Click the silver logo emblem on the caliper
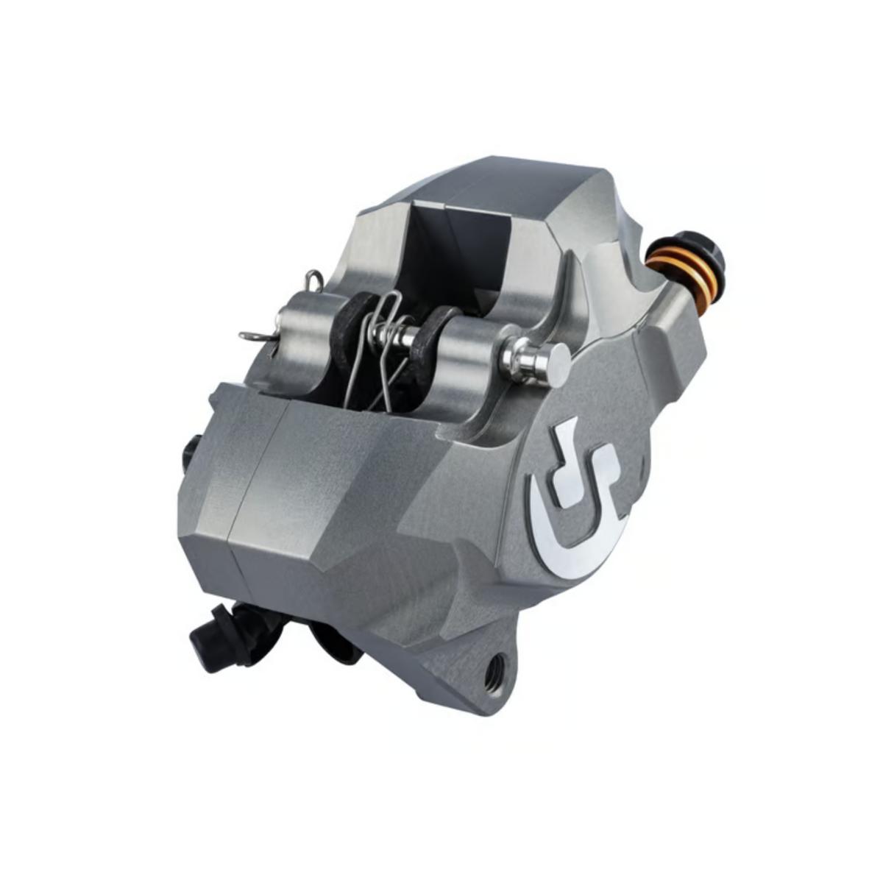[578, 508]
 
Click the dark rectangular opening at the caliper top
[456, 250]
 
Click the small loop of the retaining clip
[313, 279]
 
